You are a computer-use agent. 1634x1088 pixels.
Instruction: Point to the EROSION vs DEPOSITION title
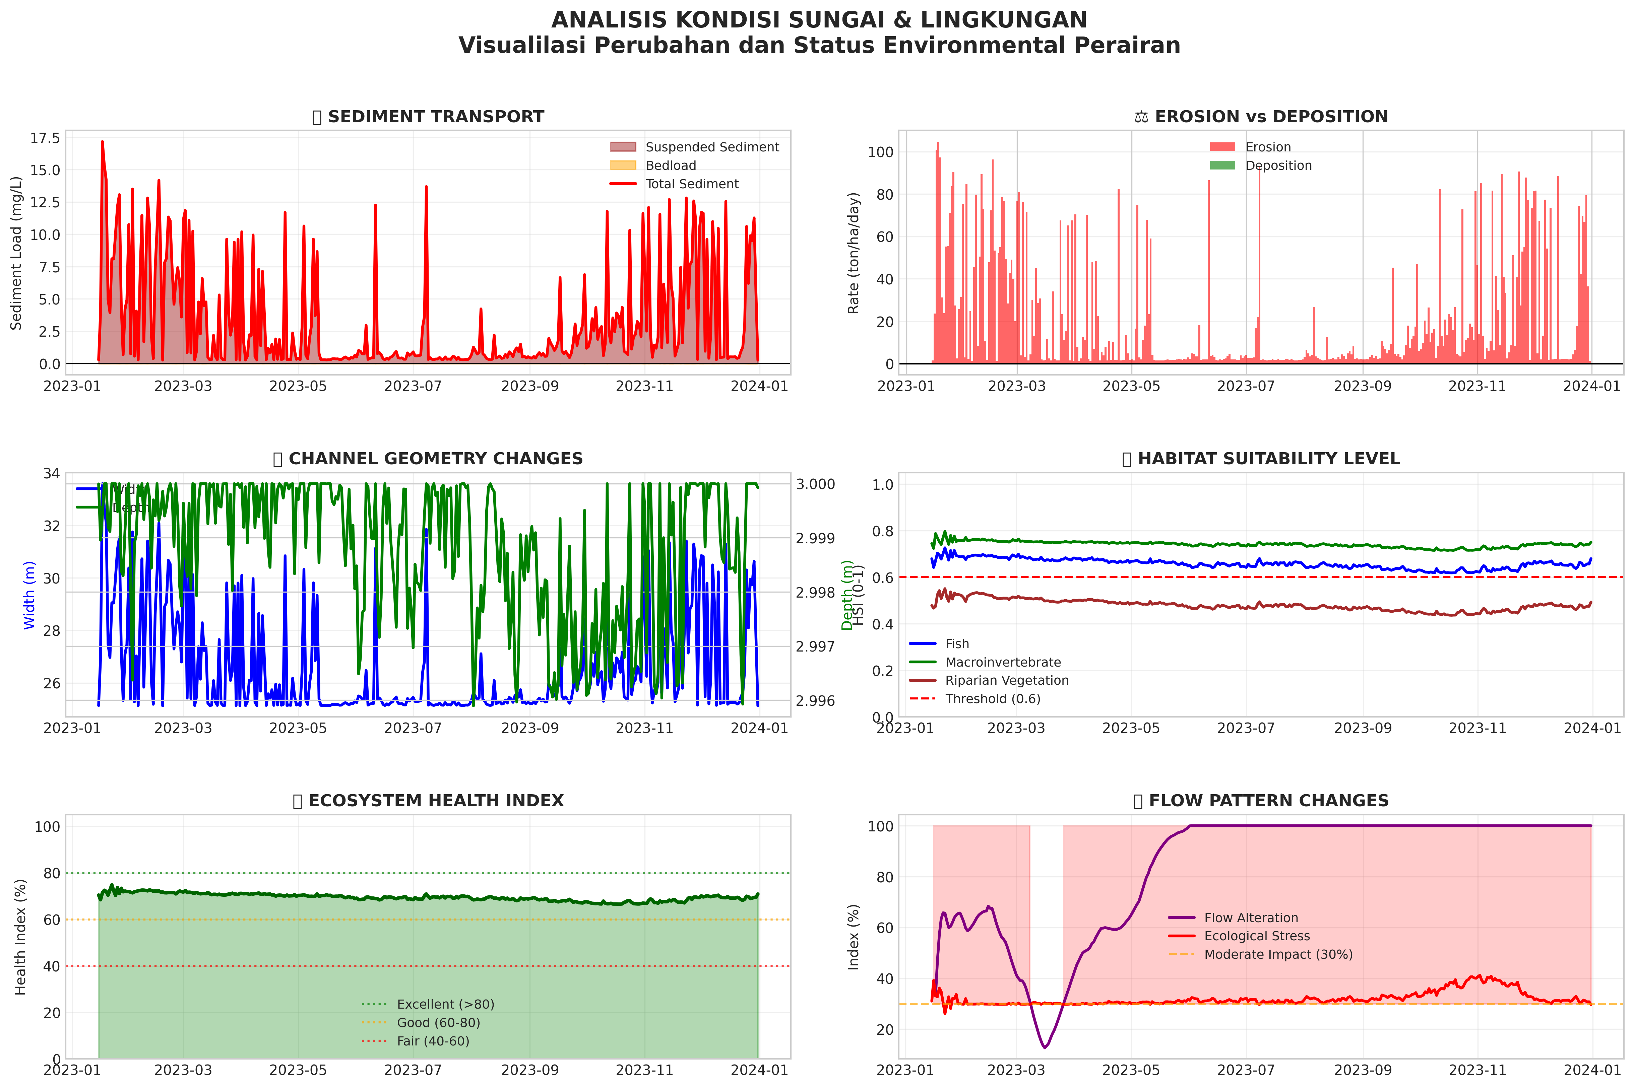pos(1270,117)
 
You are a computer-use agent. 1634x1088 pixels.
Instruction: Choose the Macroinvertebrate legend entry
pos(1002,662)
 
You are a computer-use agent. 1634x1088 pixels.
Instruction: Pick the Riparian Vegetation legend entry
pos(1006,681)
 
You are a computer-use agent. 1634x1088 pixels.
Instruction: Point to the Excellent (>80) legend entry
pos(445,1004)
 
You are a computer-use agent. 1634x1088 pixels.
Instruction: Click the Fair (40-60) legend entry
pos(432,1041)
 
